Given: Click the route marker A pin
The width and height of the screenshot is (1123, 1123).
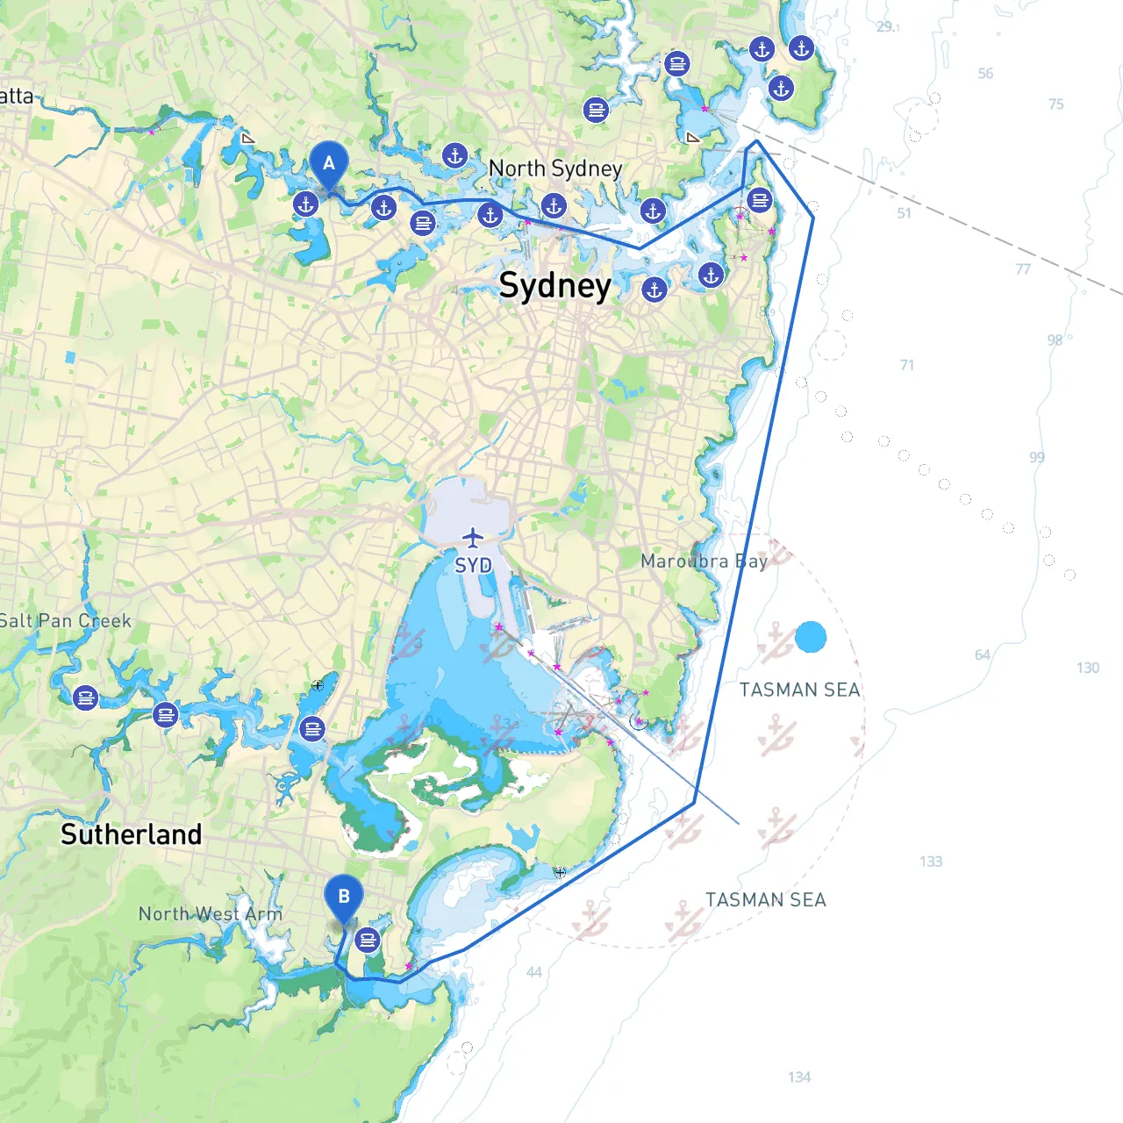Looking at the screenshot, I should coord(329,164).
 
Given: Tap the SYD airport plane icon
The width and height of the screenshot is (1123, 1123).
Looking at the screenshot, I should coord(473,537).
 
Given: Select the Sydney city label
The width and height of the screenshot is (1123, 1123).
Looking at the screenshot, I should coord(554,286).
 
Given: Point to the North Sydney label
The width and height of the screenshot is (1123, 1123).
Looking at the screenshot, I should coord(554,168).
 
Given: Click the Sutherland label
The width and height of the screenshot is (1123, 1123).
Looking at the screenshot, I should coord(131,833).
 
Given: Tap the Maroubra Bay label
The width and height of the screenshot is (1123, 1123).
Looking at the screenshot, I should coord(704,561).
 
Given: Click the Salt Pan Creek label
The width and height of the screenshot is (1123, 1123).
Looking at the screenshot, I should coord(65,621).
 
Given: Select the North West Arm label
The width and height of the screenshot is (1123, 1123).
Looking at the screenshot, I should coord(211,914).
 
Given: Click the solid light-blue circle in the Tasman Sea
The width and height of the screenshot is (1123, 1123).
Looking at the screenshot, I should coord(811,637).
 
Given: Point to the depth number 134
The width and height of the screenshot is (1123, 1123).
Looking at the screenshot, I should coord(799,1077).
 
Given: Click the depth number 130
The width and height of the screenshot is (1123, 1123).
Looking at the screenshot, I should coord(1088,668).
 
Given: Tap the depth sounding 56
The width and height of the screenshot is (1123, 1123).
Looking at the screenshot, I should coord(985,74).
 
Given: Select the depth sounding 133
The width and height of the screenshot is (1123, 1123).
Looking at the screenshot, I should coord(931,862).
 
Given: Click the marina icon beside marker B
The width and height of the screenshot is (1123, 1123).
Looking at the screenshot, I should coord(367,941).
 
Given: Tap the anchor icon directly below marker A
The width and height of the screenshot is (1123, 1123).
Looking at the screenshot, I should coord(305,204).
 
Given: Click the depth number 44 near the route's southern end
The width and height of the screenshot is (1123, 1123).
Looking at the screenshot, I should coord(534,971).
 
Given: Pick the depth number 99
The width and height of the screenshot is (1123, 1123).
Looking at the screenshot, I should coord(1037,457).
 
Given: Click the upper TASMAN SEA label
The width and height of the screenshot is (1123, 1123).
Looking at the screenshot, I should coord(799,690).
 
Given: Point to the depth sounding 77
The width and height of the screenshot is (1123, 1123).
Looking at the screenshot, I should coord(1023,269).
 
